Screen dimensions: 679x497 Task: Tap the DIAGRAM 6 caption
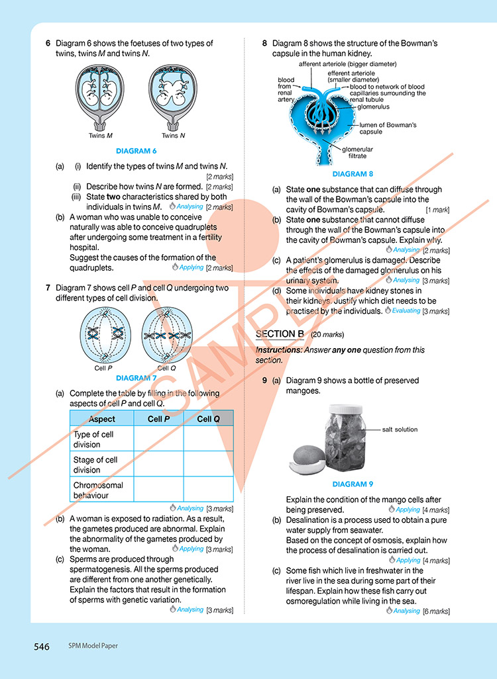click(x=136, y=151)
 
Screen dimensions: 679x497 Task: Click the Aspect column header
click(x=101, y=419)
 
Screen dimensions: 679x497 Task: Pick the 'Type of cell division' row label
click(x=93, y=439)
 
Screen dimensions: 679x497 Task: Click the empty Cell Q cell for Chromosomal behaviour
click(x=208, y=490)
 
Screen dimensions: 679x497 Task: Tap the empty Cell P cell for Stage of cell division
click(x=158, y=465)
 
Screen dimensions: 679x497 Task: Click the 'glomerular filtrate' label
click(x=357, y=152)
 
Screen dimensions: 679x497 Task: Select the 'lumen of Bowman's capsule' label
click(x=388, y=128)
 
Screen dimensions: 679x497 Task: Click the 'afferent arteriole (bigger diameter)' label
click(x=347, y=64)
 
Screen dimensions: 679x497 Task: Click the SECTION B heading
click(x=280, y=334)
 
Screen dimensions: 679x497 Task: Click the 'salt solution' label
click(x=400, y=430)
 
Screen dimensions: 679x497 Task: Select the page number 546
click(x=42, y=647)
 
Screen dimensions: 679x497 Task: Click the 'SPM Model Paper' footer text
click(x=93, y=647)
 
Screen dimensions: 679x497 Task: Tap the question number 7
click(x=48, y=288)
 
